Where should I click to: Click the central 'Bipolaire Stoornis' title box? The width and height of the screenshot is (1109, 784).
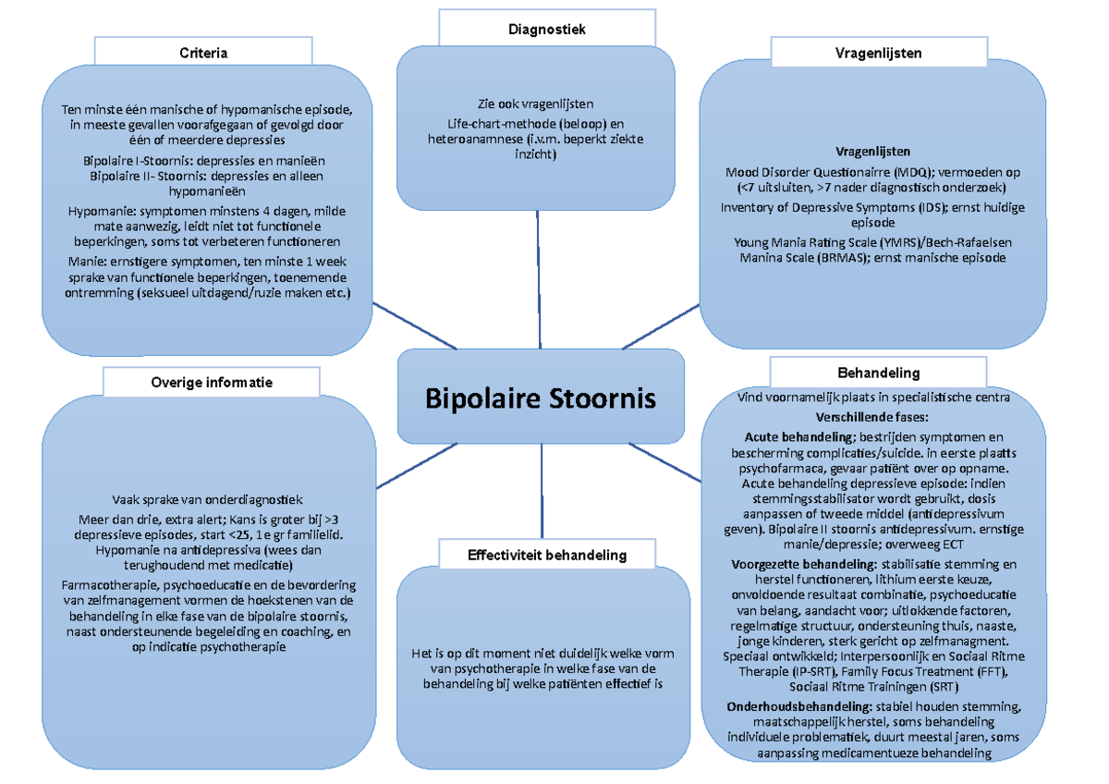point(540,398)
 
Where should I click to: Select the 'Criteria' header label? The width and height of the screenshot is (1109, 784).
point(203,53)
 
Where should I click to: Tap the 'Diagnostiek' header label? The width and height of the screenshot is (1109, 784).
point(546,30)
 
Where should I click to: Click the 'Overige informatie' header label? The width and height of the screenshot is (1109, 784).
point(212,381)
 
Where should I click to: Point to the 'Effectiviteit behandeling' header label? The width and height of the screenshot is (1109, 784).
point(547,555)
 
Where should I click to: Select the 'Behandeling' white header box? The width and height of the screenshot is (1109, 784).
point(878,374)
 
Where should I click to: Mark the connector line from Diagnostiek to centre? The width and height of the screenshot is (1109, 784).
point(539,277)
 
